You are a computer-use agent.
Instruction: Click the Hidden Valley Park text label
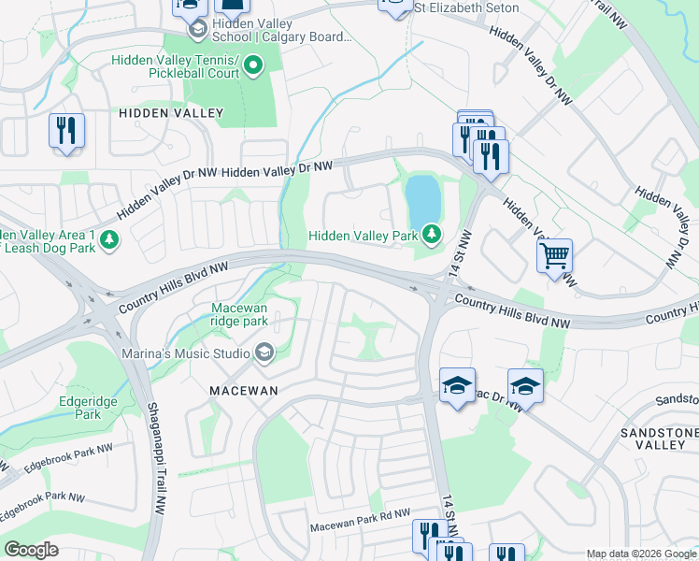pos(364,237)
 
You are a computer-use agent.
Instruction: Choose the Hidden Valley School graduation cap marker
pos(197,30)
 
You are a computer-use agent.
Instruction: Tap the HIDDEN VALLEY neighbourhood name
pos(171,113)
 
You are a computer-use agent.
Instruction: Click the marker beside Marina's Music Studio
pos(264,352)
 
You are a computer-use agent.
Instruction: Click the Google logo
pos(31,550)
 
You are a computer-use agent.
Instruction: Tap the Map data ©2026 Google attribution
pos(640,554)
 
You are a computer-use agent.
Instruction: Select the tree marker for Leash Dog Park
pos(109,240)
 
